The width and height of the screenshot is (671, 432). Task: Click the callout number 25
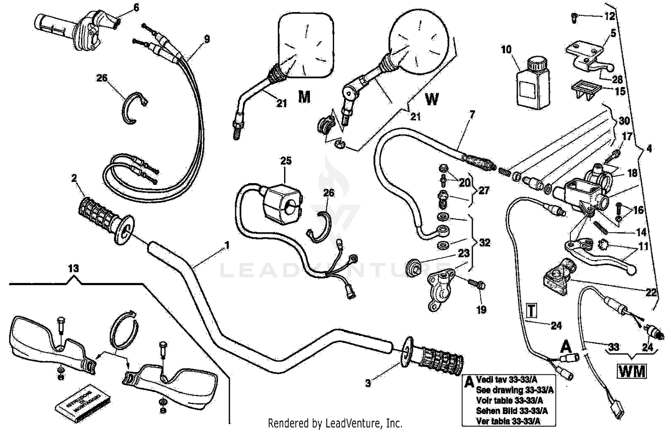pyautogui.click(x=286, y=160)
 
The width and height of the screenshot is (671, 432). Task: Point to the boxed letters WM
pyautogui.click(x=632, y=371)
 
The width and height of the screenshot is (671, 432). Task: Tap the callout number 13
pyautogui.click(x=73, y=269)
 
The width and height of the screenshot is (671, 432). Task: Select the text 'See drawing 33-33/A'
pyautogui.click(x=514, y=390)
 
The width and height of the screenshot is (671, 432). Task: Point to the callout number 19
pyautogui.click(x=481, y=309)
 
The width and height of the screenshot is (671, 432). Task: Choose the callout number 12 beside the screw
pyautogui.click(x=610, y=17)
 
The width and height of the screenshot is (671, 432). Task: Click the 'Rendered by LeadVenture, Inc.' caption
pyautogui.click(x=335, y=423)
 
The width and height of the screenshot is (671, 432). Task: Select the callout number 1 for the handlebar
pyautogui.click(x=227, y=245)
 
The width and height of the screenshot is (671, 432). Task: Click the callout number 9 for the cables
pyautogui.click(x=206, y=39)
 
